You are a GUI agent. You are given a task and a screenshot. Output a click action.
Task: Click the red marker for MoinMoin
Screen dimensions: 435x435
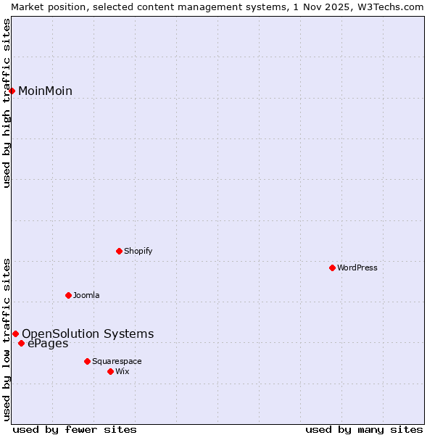12,91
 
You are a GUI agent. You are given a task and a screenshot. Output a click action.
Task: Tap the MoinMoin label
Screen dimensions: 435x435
45,91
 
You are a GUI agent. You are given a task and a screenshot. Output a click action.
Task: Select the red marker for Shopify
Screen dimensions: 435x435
120,251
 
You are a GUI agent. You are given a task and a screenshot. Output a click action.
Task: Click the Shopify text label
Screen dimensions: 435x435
138,252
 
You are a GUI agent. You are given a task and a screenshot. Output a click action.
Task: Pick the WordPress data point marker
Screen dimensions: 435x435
333,268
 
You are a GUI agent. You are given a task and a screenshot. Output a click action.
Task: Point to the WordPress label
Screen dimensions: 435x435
357,268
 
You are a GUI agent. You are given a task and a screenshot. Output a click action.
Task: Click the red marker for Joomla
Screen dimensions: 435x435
69,295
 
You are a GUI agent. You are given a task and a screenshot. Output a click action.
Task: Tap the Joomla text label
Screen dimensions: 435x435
86,296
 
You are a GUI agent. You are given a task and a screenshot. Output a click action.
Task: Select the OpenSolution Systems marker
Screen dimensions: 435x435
15,333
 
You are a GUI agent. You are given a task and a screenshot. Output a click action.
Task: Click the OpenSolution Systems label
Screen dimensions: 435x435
88,334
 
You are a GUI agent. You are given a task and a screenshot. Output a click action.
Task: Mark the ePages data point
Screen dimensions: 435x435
22,344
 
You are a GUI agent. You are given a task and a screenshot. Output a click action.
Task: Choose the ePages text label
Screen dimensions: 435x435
48,344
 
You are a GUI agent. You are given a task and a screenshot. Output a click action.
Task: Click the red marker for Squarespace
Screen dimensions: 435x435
88,361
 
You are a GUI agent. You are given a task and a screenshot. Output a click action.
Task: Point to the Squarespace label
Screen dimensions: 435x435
117,362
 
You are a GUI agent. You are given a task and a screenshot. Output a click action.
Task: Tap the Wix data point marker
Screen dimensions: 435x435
111,371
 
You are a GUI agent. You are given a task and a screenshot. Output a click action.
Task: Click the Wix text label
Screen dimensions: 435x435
123,372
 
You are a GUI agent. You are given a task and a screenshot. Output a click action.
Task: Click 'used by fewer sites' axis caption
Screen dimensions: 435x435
75,430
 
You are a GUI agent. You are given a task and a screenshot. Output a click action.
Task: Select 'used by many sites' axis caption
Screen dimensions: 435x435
364,430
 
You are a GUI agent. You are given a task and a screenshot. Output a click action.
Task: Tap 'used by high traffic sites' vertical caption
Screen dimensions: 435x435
7,103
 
